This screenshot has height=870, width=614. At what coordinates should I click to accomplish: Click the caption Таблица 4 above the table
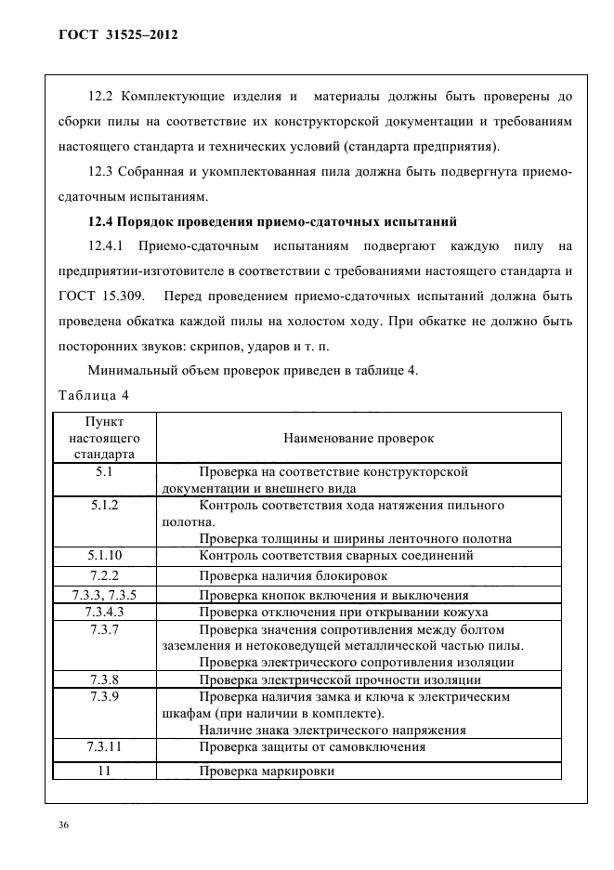[94, 396]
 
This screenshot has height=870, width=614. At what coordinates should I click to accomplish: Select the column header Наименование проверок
[358, 437]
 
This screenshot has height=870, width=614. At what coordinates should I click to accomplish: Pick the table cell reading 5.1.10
[105, 555]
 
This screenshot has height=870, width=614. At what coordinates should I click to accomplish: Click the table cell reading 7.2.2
[105, 575]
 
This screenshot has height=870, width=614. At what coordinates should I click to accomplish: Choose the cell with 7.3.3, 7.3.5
[105, 595]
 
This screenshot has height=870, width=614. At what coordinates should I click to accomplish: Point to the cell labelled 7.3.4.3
[105, 612]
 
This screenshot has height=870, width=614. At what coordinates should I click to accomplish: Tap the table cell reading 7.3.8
[105, 679]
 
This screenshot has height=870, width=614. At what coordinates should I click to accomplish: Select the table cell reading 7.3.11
[105, 746]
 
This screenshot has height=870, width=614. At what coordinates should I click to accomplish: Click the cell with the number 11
[105, 771]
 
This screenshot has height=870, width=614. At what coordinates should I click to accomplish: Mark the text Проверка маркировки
[267, 771]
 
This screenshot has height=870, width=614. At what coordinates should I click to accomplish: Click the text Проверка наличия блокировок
[293, 576]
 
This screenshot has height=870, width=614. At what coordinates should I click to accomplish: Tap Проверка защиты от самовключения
[312, 747]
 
